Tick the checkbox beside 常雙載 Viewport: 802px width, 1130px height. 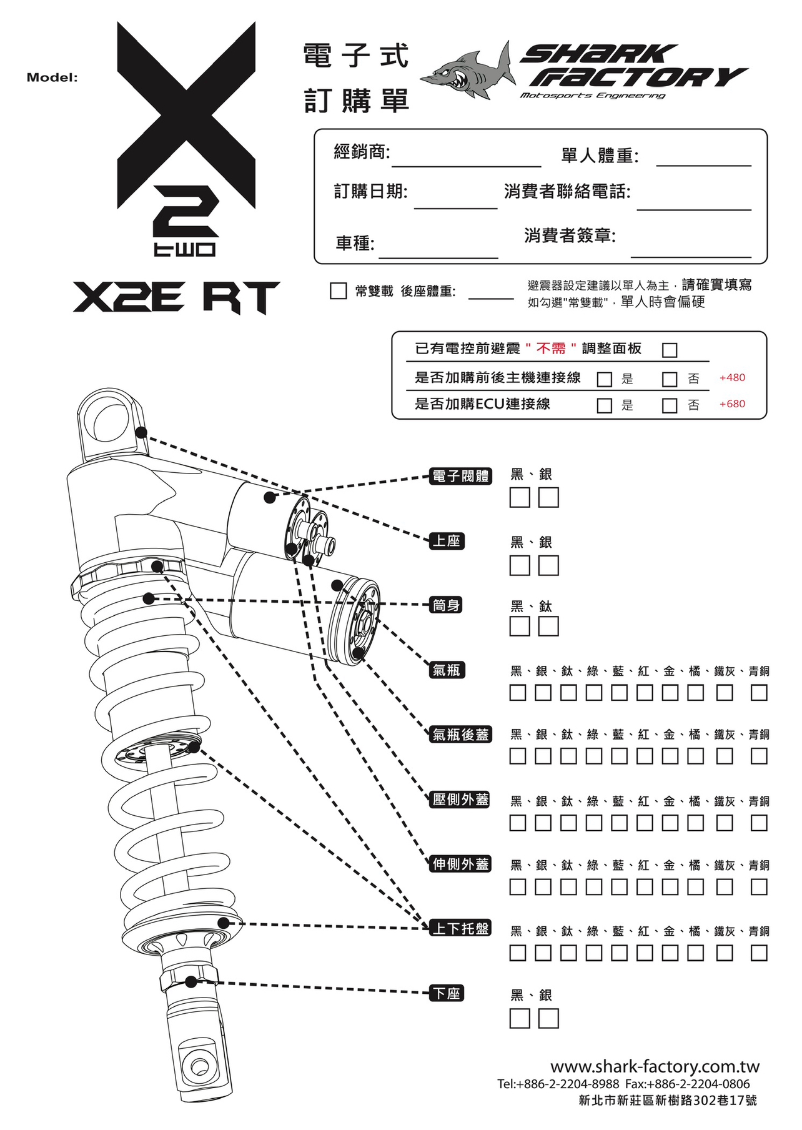point(338,290)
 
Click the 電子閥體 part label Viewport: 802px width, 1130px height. point(461,476)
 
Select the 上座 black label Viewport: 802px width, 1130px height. point(447,541)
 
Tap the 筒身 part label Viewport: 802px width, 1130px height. point(446,605)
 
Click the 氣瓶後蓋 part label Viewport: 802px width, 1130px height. point(461,735)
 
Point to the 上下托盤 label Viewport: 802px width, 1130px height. point(461,929)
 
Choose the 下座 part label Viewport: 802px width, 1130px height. point(447,993)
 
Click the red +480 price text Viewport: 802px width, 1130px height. point(732,378)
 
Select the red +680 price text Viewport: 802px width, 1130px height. point(732,404)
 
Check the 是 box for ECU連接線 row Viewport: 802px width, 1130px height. point(604,405)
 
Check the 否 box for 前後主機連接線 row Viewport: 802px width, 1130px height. point(670,379)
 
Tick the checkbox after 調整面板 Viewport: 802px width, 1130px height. point(670,350)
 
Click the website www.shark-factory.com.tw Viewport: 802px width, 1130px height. point(655,1066)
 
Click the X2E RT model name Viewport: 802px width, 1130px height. point(176,297)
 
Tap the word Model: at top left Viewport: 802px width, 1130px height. point(52,78)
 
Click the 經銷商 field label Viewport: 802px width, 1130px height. point(362,151)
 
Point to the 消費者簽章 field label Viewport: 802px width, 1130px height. point(570,235)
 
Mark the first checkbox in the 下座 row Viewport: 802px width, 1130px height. point(519,1018)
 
